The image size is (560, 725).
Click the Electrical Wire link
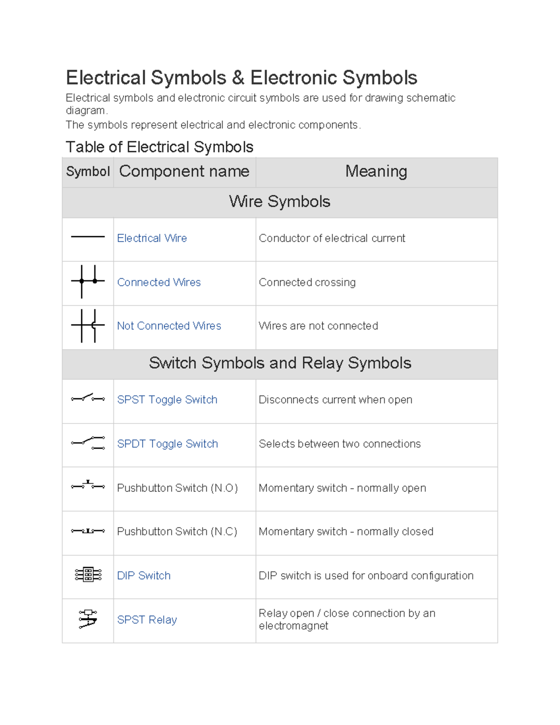click(152, 238)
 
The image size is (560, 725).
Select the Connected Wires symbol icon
click(88, 282)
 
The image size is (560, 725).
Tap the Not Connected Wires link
click(169, 326)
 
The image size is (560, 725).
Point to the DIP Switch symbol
click(88, 575)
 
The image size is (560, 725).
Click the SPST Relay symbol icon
click(88, 619)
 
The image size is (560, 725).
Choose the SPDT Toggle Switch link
click(168, 444)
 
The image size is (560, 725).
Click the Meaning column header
click(376, 171)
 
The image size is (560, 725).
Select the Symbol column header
click(88, 171)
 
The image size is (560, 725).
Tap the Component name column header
click(184, 171)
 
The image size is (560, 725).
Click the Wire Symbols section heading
click(280, 202)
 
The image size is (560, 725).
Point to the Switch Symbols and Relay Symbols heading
click(280, 363)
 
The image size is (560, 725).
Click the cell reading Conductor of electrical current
click(332, 238)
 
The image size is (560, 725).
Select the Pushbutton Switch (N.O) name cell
click(177, 488)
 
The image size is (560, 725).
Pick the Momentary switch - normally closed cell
click(346, 532)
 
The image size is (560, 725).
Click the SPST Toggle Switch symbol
click(88, 398)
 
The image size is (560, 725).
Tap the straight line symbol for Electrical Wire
click(88, 237)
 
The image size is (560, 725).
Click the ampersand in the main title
click(238, 78)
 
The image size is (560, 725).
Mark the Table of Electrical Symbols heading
click(160, 147)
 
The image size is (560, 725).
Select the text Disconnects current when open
click(336, 400)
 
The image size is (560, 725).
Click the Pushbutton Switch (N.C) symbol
click(88, 531)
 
